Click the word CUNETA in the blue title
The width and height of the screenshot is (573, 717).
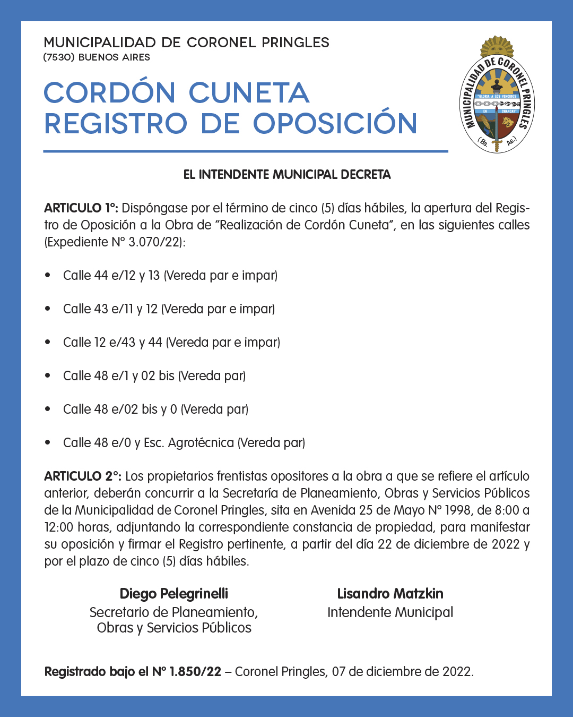coord(249,93)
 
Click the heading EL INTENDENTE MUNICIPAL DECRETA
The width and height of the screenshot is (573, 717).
coord(286,175)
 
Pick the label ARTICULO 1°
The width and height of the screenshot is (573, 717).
coord(81,208)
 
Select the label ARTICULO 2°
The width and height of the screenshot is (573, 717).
coord(82,476)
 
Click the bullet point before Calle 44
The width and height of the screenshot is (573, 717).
coord(48,275)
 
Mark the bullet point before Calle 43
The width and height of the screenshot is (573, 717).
coord(48,309)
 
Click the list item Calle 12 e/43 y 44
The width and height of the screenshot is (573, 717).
coord(171,343)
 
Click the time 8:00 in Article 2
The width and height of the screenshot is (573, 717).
coord(507,510)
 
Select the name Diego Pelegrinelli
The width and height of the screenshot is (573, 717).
coord(173,594)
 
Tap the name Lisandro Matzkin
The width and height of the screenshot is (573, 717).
coord(390,594)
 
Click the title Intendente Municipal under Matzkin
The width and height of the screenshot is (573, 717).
coord(390,612)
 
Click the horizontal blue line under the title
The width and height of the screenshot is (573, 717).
coord(246,151)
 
